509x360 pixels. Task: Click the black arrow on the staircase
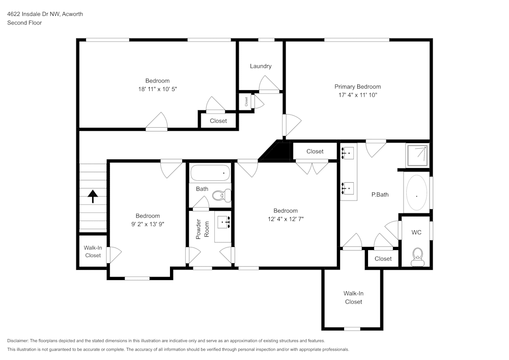pos(93,196)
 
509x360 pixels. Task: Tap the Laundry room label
pos(261,66)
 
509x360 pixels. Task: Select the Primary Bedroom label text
pos(357,87)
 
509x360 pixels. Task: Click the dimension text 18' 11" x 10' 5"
pos(157,89)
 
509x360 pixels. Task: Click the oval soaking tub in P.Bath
pos(417,194)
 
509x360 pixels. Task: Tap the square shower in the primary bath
pos(417,155)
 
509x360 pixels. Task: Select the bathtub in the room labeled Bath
pos(210,174)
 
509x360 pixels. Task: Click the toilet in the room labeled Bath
pos(221,195)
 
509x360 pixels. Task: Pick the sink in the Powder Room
pos(224,223)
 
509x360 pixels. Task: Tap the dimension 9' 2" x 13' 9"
pos(148,224)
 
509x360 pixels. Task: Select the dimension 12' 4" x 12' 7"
pos(285,219)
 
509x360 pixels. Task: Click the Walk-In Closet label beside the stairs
pos(93,252)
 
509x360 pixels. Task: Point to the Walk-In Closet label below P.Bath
pos(353,297)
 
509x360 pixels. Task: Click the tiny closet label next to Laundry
pos(246,101)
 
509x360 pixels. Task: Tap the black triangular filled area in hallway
pos(277,151)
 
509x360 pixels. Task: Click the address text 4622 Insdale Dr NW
pos(45,14)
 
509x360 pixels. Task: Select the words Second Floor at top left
pos(24,23)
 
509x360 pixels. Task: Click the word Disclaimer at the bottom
pos(18,341)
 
